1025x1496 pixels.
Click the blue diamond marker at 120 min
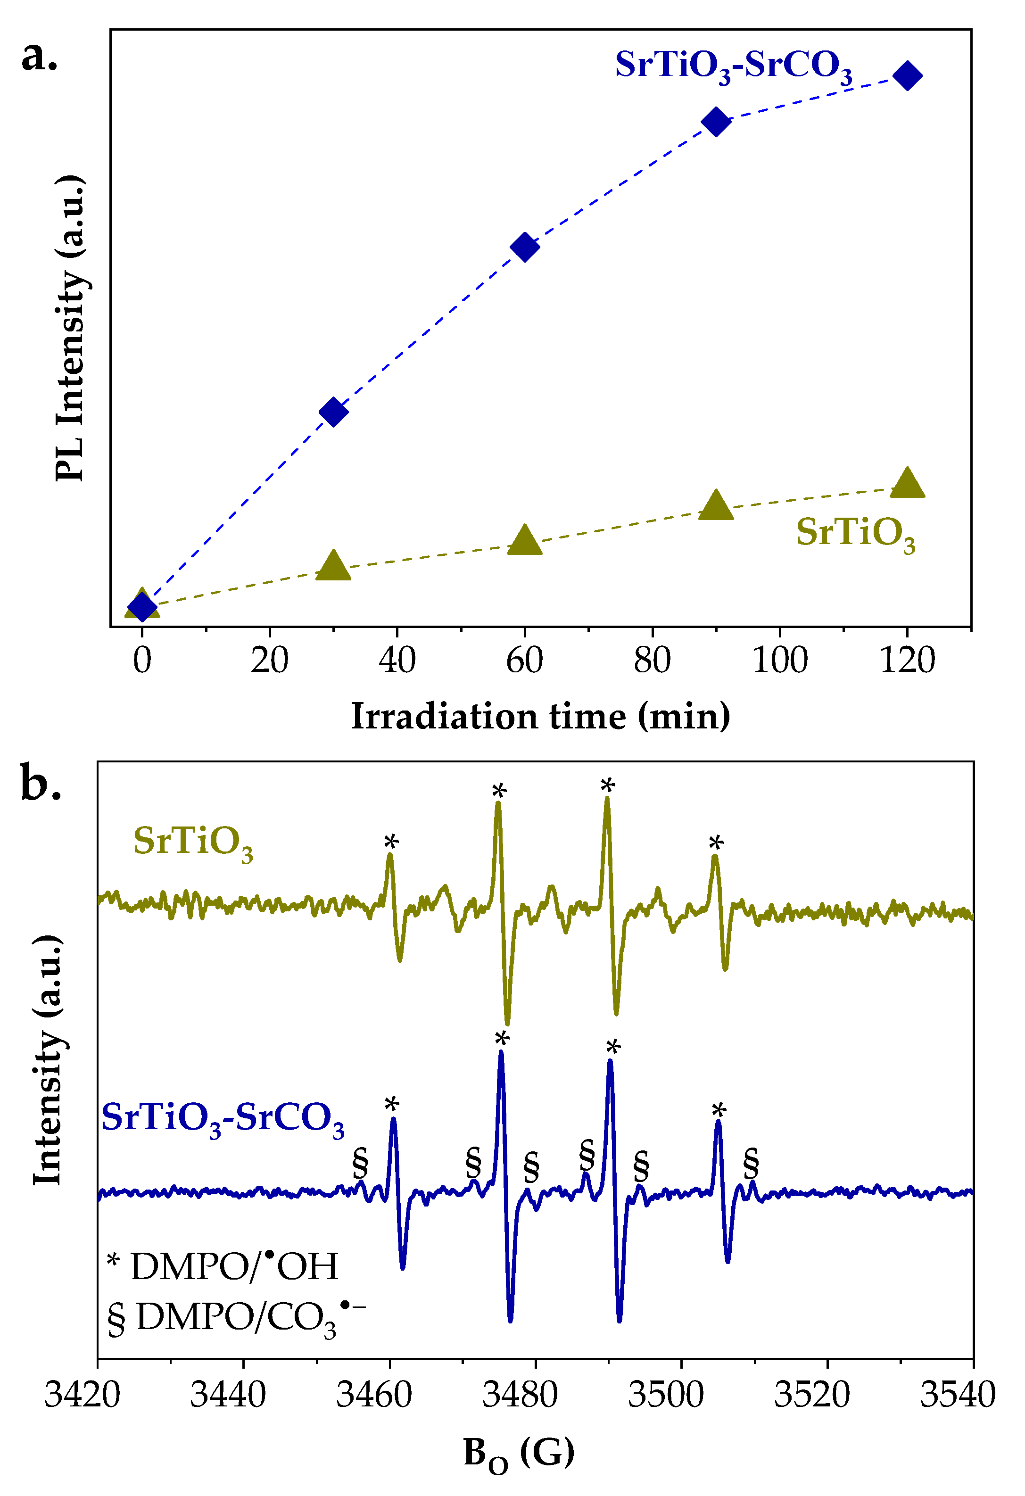[x=907, y=76]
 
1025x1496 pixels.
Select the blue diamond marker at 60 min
[x=525, y=247]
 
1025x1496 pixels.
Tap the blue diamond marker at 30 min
[x=333, y=412]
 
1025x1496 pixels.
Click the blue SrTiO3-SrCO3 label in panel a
[x=733, y=66]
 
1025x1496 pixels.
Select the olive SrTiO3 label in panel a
[x=855, y=534]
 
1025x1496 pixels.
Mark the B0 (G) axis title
[x=519, y=1453]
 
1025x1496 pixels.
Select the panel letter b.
[x=41, y=784]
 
